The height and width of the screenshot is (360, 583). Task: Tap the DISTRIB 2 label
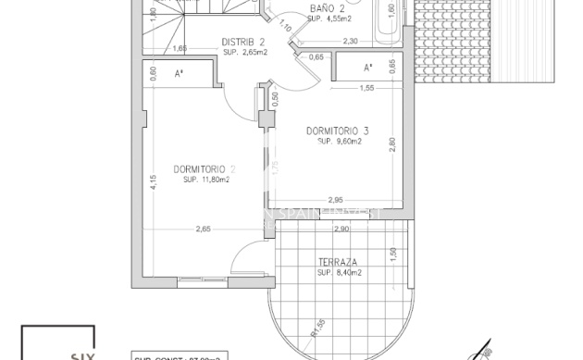243,42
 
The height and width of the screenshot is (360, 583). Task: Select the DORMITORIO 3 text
337,130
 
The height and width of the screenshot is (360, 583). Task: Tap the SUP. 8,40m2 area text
339,273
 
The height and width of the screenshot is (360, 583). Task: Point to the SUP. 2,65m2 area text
244,52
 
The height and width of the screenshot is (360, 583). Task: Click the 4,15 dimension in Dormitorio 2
154,182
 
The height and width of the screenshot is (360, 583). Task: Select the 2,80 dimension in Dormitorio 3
393,144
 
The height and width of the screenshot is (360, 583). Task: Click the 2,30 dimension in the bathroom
350,42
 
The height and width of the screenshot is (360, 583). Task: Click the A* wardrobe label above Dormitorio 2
179,72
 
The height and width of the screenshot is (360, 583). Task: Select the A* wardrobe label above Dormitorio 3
367,68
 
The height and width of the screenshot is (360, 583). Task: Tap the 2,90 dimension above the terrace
341,229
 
